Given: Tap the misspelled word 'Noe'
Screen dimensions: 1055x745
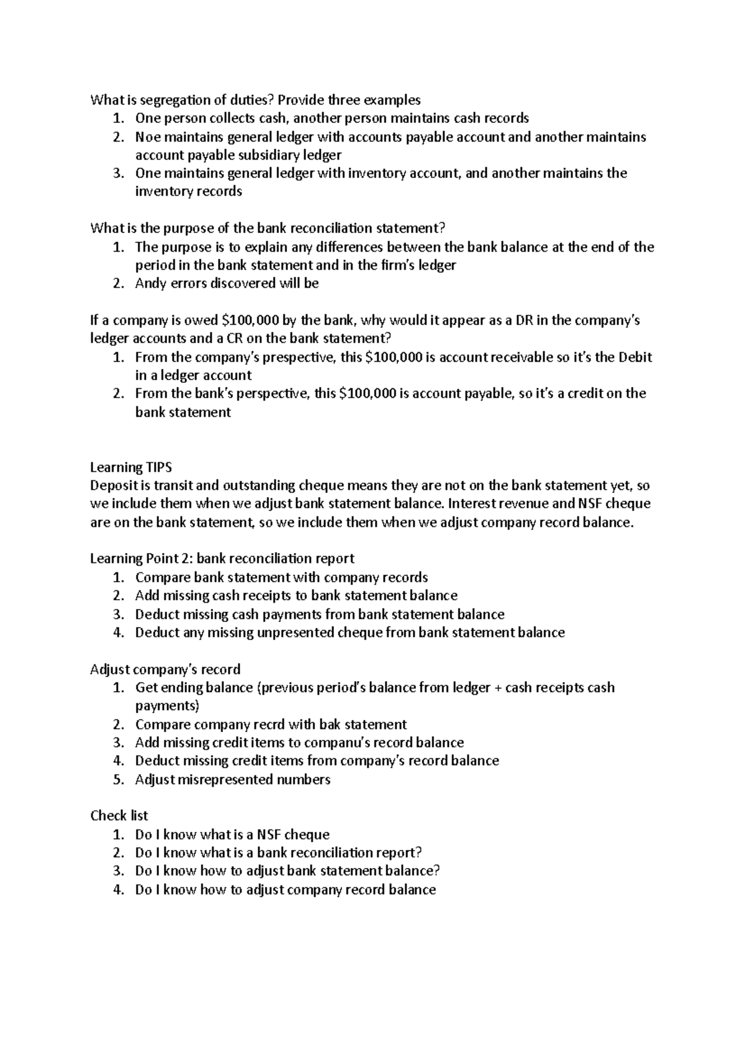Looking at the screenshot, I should [147, 137].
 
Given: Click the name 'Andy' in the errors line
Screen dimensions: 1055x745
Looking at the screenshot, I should [149, 284].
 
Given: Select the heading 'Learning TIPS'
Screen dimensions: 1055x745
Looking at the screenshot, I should [130, 467].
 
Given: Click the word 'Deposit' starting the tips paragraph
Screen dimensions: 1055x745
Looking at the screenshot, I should [112, 486].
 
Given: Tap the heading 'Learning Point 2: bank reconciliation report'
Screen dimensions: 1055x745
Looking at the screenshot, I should [222, 559].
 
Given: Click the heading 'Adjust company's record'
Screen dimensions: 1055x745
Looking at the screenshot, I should [165, 670].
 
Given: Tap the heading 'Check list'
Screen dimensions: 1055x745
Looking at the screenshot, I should [119, 816].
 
